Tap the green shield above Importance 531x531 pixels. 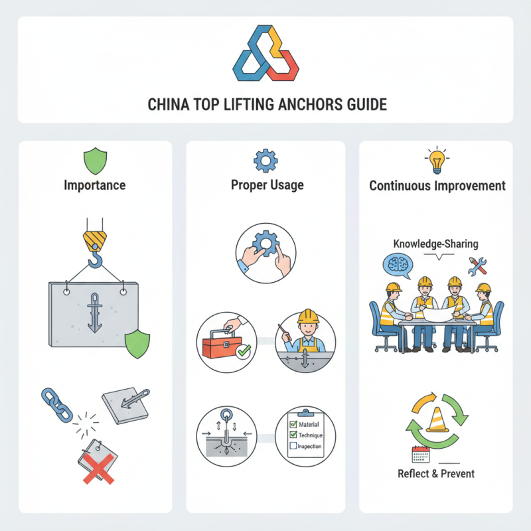click(94, 161)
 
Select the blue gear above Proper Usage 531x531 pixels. click(265, 161)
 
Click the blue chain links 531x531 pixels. click(58, 406)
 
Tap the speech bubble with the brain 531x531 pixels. click(398, 264)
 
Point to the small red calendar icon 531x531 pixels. click(419, 454)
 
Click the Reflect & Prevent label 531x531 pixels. click(436, 473)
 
